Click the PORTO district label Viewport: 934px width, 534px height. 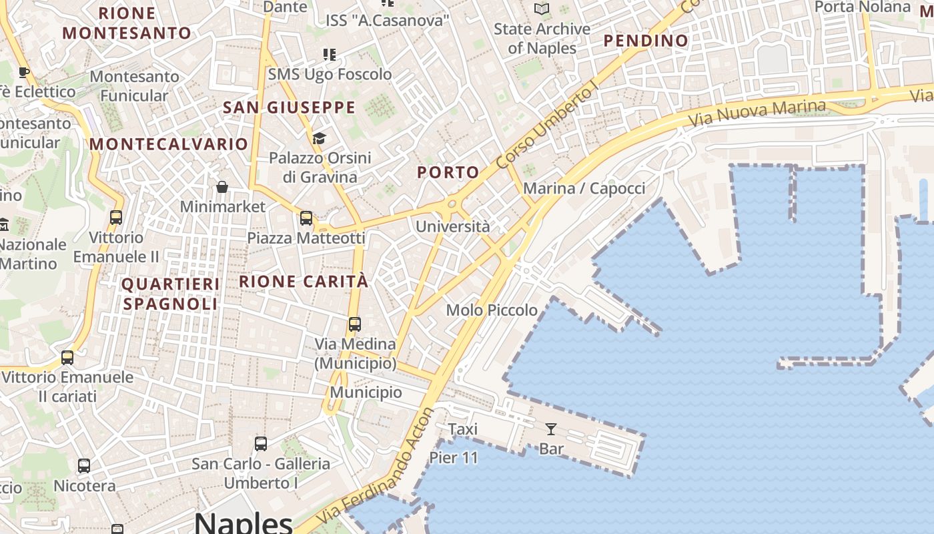click(448, 172)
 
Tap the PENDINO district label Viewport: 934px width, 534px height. click(646, 41)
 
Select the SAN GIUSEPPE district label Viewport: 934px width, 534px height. click(289, 107)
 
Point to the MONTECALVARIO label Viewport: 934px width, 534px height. click(169, 144)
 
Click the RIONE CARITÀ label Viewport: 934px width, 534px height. click(304, 282)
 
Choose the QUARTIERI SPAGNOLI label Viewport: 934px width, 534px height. click(171, 294)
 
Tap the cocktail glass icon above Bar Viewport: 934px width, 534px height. click(551, 429)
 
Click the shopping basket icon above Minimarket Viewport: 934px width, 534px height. click(222, 187)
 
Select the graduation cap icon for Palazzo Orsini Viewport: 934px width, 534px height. click(319, 139)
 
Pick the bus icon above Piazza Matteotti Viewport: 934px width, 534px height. click(306, 218)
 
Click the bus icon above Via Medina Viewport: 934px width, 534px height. click(355, 324)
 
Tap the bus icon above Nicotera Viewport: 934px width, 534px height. click(84, 466)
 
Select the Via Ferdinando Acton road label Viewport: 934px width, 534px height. click(376, 467)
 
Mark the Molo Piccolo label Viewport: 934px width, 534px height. click(492, 310)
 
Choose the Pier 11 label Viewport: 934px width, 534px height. click(454, 458)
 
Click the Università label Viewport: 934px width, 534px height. click(452, 227)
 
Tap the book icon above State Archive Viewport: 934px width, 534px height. click(542, 9)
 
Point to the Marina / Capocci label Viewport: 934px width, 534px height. click(584, 189)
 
